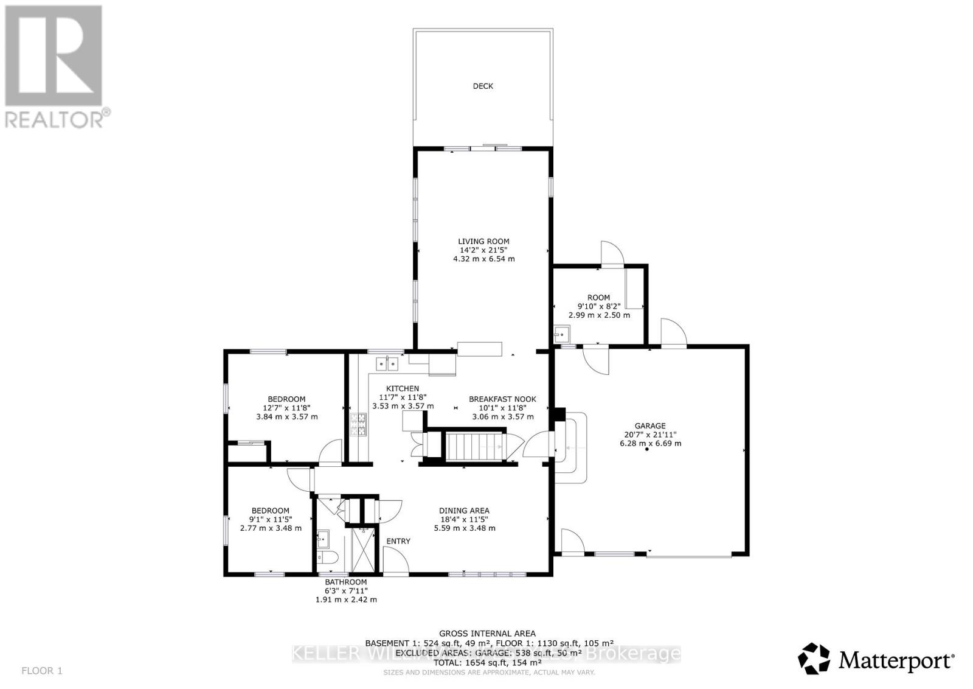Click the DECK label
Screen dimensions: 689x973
tap(483, 86)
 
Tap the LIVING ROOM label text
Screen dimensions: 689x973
tap(484, 242)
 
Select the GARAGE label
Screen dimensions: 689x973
tap(650, 426)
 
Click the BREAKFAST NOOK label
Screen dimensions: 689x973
tap(502, 399)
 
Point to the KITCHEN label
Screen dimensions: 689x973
tap(403, 388)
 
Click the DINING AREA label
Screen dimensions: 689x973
tap(464, 511)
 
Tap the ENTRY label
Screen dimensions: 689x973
tap(398, 541)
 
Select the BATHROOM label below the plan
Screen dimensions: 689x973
tap(345, 582)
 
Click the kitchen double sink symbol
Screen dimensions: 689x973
tap(387, 364)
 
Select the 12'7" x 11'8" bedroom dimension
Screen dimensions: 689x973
tap(287, 408)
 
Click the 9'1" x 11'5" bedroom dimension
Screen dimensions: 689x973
tap(271, 519)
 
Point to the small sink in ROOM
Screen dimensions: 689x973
tap(561, 334)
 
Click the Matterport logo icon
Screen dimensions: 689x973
tap(814, 659)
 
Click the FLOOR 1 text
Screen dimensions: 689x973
tap(41, 671)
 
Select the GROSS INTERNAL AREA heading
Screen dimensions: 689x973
tap(487, 634)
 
